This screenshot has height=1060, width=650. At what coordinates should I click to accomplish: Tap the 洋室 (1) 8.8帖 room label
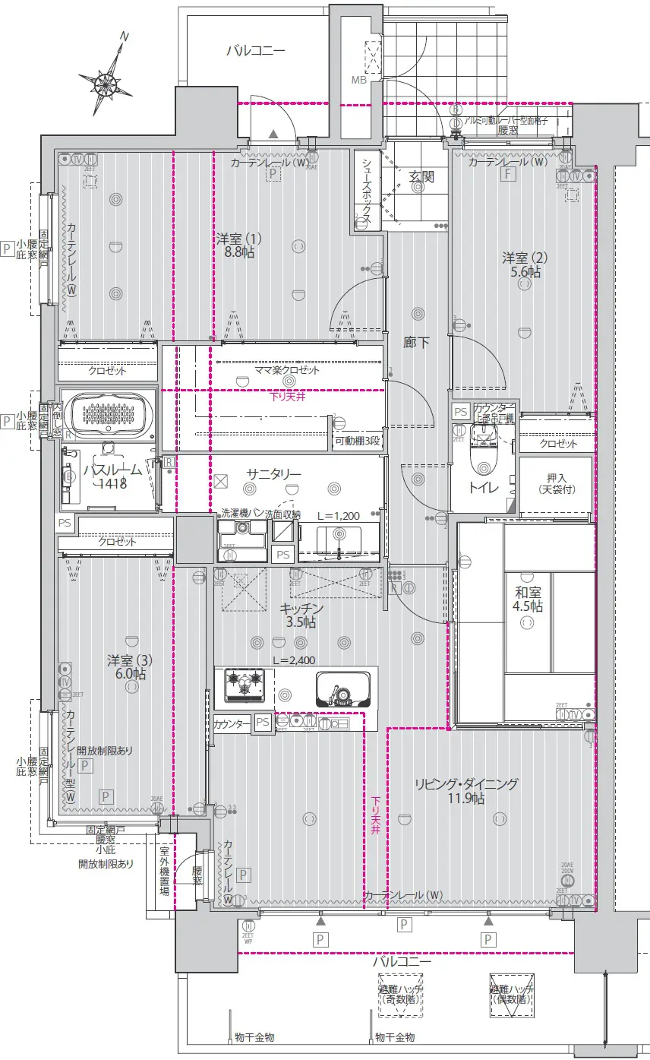[x=235, y=245]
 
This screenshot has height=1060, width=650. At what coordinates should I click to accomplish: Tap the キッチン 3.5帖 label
[x=301, y=615]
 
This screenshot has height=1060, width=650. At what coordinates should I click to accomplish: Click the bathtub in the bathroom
[x=108, y=414]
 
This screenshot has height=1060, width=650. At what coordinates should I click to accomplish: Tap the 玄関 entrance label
[x=421, y=177]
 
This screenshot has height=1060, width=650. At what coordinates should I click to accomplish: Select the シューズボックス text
[x=365, y=190]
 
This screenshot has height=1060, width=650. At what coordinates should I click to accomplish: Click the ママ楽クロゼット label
[x=286, y=370]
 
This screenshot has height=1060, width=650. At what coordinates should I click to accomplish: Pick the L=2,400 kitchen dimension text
[x=293, y=660]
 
